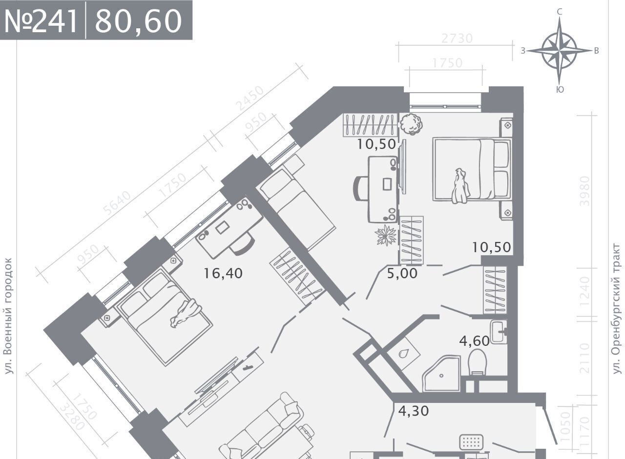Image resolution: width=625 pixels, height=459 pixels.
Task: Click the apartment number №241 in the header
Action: point(41,21)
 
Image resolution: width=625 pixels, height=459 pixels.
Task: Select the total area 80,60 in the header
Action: point(138,21)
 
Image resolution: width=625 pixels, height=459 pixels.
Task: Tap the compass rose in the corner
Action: point(560,51)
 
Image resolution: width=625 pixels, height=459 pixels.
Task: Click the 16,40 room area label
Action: point(223,273)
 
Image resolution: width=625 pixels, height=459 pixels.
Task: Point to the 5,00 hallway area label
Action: point(402,274)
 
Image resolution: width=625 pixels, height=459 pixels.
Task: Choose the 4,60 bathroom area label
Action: point(474,341)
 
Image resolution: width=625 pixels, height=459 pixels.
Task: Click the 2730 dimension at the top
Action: point(457,39)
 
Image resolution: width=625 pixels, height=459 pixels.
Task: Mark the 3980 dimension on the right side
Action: point(585,191)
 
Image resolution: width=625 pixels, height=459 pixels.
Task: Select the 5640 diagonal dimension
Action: point(117,203)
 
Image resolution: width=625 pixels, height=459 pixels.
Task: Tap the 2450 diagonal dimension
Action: point(250,98)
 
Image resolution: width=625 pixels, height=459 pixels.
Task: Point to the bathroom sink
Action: point(499,332)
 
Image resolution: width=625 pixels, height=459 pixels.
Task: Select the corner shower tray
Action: point(441,374)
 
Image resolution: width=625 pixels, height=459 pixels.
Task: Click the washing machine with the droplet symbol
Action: point(403,353)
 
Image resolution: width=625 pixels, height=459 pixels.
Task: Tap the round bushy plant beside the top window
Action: point(411,124)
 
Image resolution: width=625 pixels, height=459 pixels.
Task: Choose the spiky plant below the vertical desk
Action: point(386,236)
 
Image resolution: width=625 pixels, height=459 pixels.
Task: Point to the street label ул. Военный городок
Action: point(9,316)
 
